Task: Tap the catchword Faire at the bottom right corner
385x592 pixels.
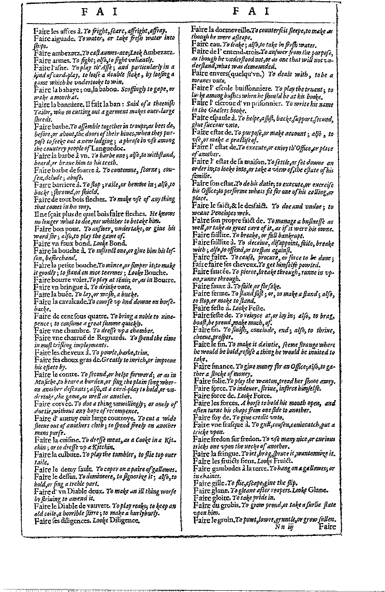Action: (328, 528)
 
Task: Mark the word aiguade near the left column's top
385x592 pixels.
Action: (64, 38)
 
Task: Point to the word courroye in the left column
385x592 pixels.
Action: (117, 418)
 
